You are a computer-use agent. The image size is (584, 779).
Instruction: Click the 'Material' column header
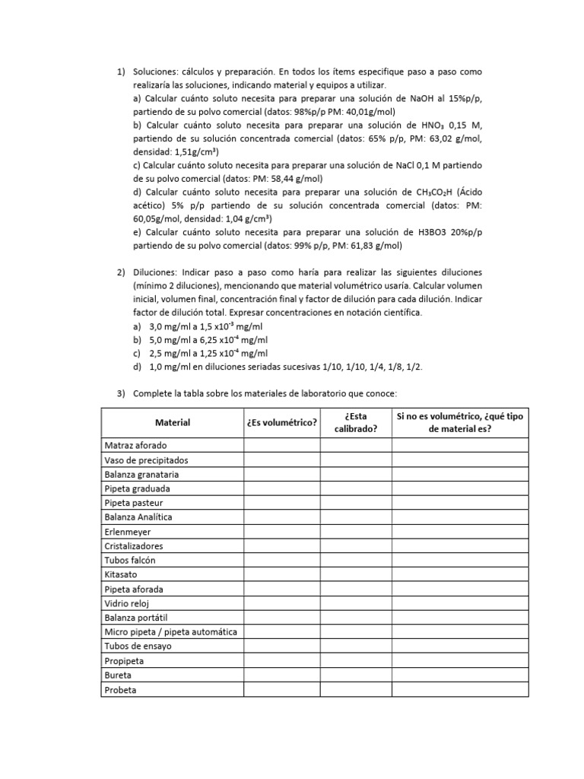point(173,422)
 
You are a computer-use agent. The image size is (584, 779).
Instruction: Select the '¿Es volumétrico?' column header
point(281,422)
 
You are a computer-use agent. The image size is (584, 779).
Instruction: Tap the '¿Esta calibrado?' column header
point(356,422)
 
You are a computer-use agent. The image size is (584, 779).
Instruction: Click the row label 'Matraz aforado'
point(135,445)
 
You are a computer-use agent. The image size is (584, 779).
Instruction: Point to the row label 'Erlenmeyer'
point(128,532)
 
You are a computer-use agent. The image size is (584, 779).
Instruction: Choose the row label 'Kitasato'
point(121,574)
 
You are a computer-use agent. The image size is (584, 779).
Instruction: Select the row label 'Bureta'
point(118,675)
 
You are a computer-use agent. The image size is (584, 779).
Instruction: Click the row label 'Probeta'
point(120,690)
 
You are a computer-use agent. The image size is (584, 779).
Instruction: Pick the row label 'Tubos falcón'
point(129,560)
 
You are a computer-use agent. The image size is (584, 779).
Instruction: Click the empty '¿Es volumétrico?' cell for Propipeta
point(281,661)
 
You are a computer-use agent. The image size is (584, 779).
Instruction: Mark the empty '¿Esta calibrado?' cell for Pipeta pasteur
point(356,503)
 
